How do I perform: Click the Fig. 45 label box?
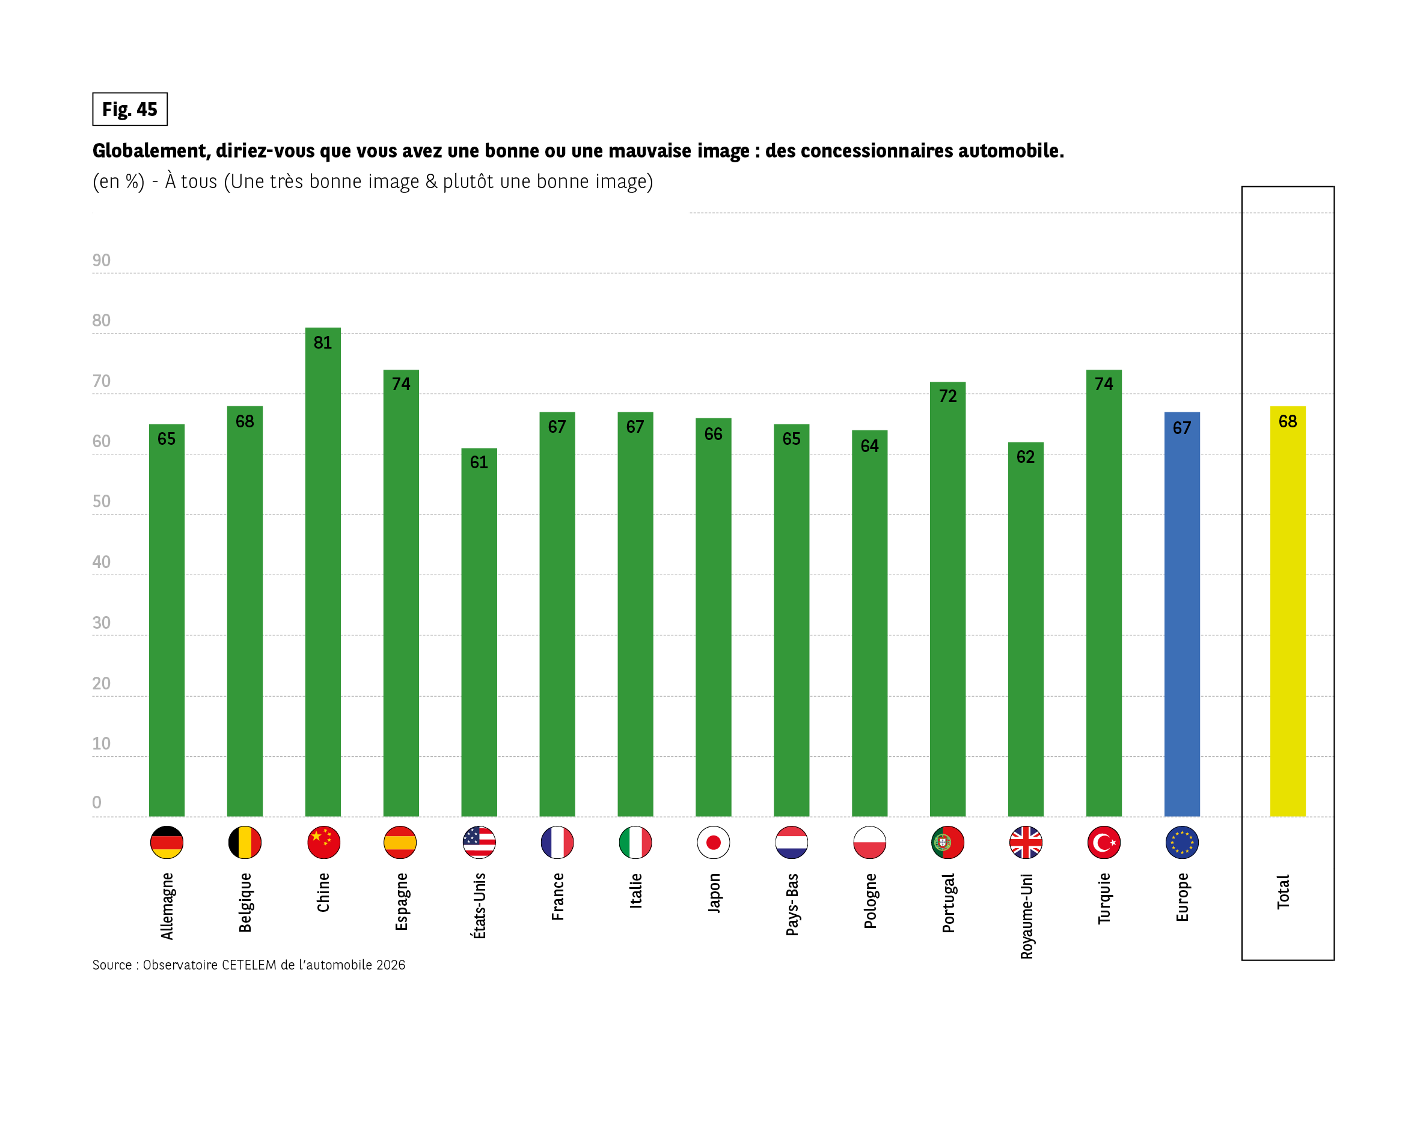click(130, 109)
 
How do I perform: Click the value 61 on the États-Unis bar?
click(479, 462)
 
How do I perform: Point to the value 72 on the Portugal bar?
click(947, 395)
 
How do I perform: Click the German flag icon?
click(167, 842)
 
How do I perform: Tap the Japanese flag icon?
click(713, 842)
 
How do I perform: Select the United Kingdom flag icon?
click(1026, 842)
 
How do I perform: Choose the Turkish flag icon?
click(1104, 842)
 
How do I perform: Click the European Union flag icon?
click(1181, 842)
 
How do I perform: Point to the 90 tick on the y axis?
click(102, 260)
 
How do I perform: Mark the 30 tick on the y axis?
click(102, 622)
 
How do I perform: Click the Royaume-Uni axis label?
click(1026, 916)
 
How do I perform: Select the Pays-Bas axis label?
click(792, 904)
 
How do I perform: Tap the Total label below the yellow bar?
click(1283, 893)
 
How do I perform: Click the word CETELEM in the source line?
click(249, 965)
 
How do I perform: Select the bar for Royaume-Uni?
click(1026, 632)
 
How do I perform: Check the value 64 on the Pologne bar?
click(869, 446)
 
